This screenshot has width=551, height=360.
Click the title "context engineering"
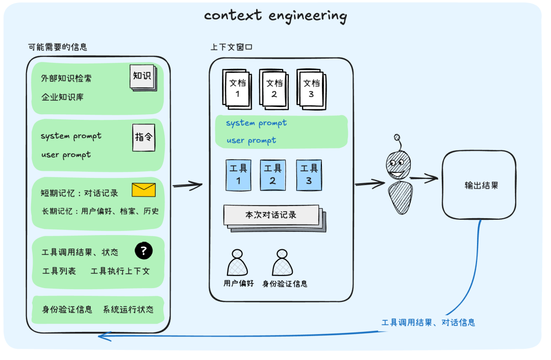275,16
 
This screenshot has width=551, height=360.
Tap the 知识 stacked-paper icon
143,78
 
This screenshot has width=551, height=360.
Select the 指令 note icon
144,138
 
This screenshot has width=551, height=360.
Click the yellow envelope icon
143,190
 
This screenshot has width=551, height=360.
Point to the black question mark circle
144,250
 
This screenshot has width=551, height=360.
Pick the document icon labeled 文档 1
238,89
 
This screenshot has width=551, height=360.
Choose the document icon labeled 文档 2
274,89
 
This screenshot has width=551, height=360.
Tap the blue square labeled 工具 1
238,174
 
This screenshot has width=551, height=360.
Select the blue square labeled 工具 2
273,174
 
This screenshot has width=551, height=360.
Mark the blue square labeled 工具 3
309,174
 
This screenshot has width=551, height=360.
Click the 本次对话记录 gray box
271,215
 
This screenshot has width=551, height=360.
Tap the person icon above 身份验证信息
283,263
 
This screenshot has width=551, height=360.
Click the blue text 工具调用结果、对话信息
428,322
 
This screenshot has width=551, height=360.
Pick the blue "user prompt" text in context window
251,140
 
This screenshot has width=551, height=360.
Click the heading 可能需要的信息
58,47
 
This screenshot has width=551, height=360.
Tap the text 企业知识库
62,97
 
